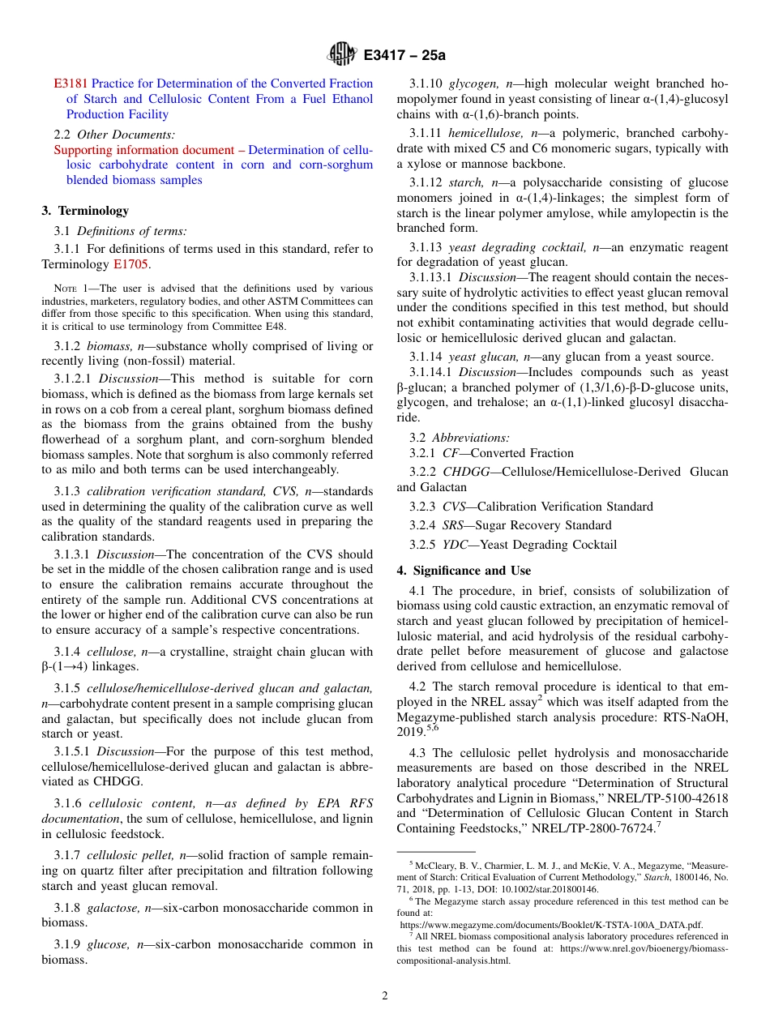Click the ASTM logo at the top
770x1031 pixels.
341,55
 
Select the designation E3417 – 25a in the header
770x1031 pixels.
404,56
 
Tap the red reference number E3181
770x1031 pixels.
71,83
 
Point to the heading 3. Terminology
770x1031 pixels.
85,211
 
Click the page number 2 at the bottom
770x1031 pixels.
385,996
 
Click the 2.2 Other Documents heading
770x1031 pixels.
114,135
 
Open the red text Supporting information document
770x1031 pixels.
143,150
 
